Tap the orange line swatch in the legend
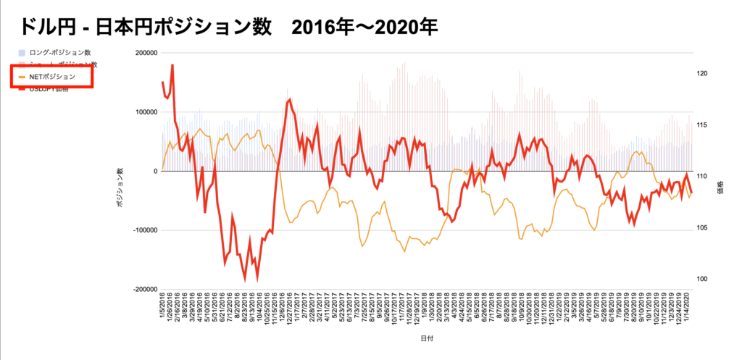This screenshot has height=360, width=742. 22,76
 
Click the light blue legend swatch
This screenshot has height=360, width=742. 22,52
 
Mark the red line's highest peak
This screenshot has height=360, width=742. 172,64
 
